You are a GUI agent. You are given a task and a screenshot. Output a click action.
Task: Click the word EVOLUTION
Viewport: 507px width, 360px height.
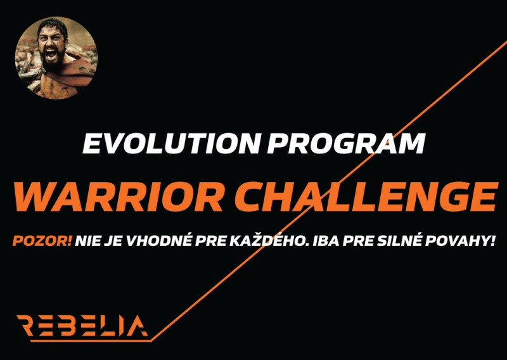pyautogui.click(x=171, y=143)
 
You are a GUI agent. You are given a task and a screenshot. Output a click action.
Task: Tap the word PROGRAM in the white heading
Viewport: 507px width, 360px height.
pyautogui.click(x=346, y=143)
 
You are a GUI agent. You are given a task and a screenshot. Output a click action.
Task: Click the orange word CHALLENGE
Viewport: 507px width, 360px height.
pyautogui.click(x=366, y=197)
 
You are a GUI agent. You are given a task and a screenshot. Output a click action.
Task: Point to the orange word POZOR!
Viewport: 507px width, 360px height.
pyautogui.click(x=42, y=241)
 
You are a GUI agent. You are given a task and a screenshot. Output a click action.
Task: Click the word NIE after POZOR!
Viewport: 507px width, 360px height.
pyautogui.click(x=88, y=241)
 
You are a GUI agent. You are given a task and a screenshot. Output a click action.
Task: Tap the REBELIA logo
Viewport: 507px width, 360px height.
pyautogui.click(x=82, y=326)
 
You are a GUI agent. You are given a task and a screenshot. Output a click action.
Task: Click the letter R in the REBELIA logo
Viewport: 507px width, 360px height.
pyautogui.click(x=25, y=326)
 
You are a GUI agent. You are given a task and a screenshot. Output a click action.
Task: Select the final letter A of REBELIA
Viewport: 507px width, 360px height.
pyautogui.click(x=138, y=326)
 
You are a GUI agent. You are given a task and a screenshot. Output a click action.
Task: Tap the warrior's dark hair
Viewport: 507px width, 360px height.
pyautogui.click(x=53, y=27)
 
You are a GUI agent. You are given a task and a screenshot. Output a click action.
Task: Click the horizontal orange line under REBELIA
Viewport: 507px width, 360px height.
pyautogui.click(x=91, y=340)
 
